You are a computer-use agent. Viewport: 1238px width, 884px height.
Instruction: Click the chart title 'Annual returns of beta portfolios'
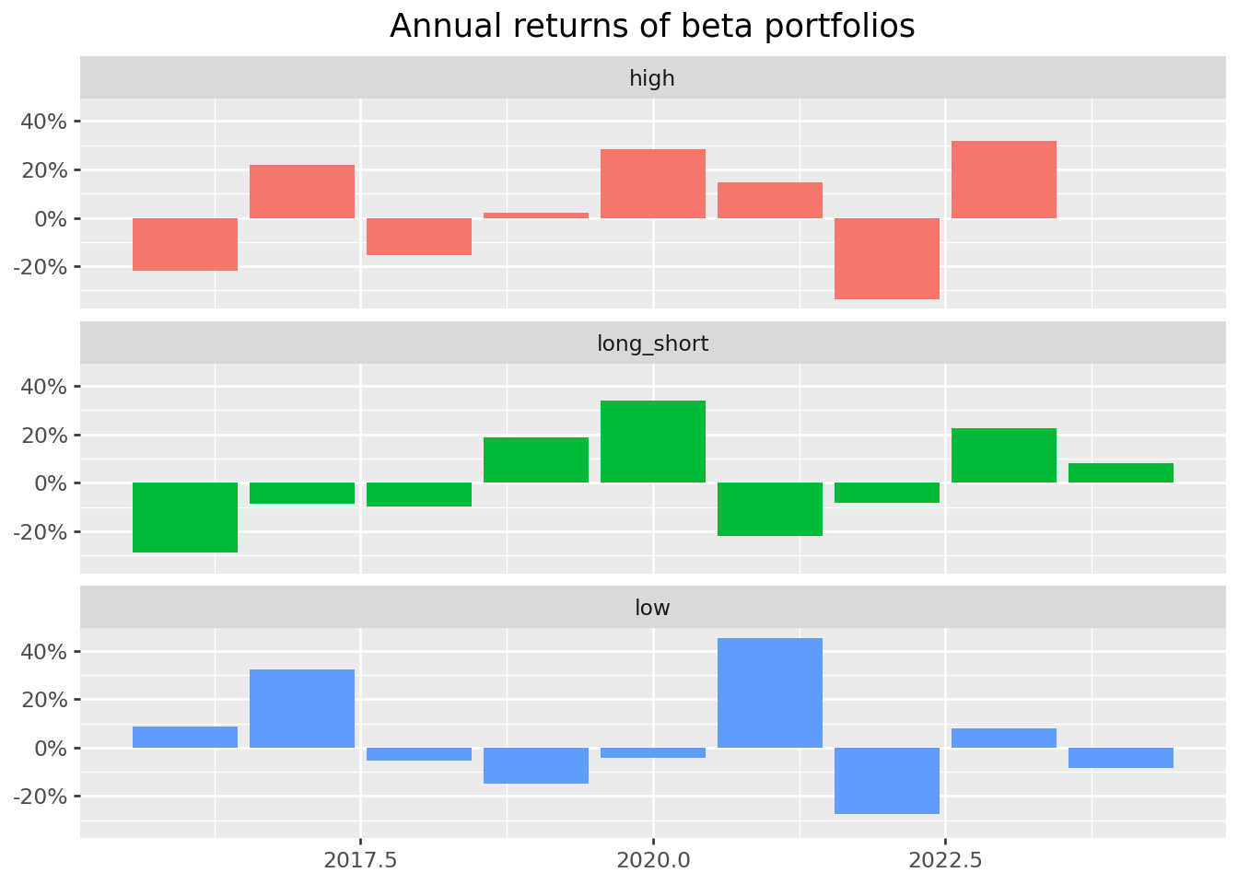click(652, 26)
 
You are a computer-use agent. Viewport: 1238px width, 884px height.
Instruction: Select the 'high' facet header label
click(652, 78)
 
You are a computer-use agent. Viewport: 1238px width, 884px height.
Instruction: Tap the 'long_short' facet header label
click(652, 343)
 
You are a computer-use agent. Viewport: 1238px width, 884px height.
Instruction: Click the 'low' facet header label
click(652, 608)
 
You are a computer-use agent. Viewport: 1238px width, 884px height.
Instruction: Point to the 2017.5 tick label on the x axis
click(360, 861)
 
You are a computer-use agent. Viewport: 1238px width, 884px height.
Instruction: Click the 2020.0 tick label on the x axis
click(653, 861)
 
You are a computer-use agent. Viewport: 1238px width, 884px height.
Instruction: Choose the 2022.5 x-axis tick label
click(945, 861)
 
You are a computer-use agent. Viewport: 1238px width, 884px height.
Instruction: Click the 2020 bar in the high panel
click(653, 184)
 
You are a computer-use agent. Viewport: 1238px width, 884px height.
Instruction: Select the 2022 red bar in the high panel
click(887, 259)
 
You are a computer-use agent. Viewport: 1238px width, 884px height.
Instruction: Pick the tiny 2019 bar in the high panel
click(536, 215)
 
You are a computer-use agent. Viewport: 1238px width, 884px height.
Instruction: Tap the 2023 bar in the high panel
click(1004, 180)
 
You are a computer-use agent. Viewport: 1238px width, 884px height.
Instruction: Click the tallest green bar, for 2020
click(653, 442)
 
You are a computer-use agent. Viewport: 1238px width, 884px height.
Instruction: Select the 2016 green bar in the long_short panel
click(185, 518)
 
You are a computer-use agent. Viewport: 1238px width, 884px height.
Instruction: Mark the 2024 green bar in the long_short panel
click(1121, 473)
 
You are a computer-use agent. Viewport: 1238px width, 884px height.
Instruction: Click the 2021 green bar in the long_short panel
click(770, 509)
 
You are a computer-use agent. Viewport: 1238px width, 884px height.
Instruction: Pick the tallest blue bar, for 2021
click(770, 692)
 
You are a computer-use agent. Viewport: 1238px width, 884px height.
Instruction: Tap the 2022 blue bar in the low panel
click(887, 781)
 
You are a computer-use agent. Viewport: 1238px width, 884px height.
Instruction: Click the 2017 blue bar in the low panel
click(302, 708)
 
